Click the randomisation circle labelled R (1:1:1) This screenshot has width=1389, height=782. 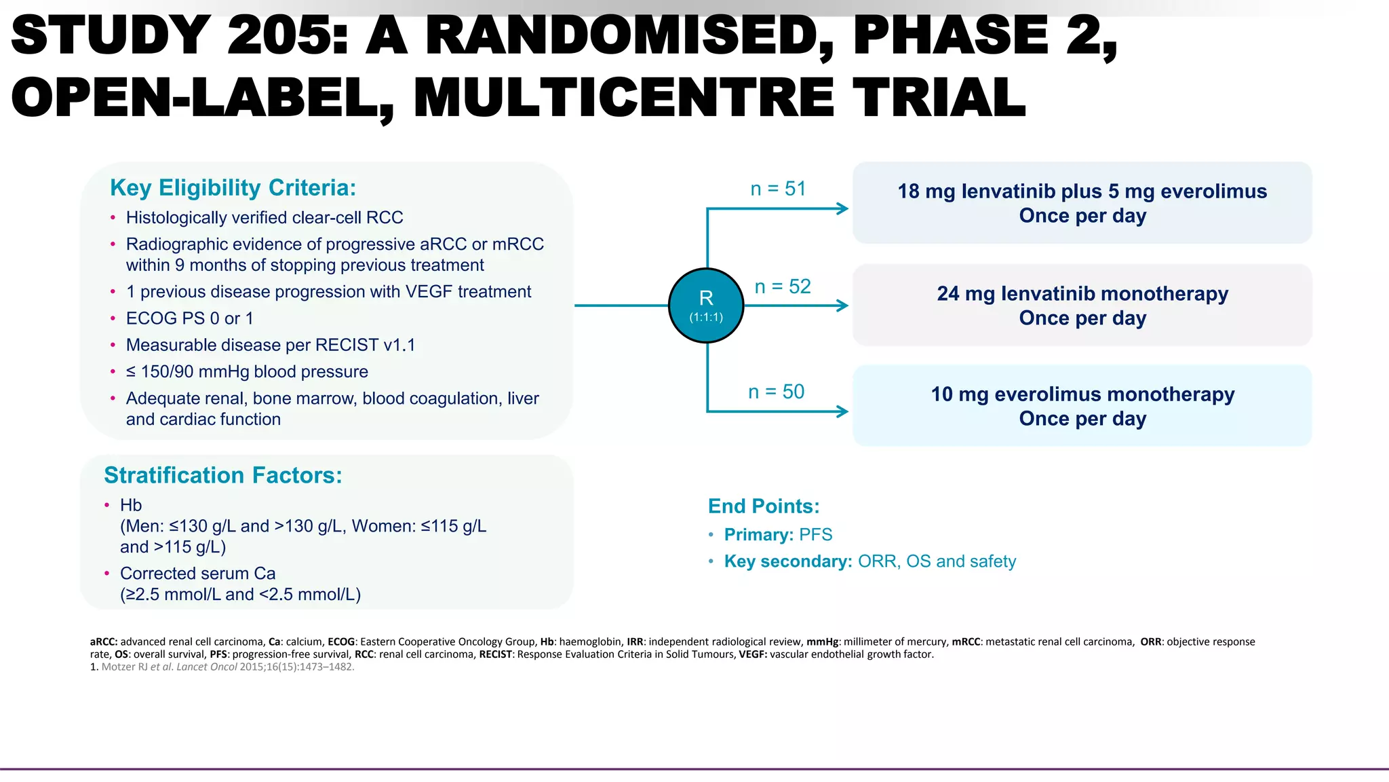click(x=706, y=305)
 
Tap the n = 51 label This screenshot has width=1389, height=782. click(x=778, y=189)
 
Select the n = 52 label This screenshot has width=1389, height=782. click(x=783, y=286)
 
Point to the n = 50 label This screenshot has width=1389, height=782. click(x=776, y=392)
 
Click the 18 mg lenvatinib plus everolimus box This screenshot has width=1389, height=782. click(x=1082, y=203)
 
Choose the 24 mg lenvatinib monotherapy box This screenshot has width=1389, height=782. click(x=1082, y=305)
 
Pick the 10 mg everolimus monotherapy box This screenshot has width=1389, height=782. click(x=1082, y=406)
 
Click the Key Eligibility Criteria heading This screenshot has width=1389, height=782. click(x=233, y=188)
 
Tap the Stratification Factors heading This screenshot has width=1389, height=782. click(x=222, y=475)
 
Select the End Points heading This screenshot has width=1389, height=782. click(x=764, y=506)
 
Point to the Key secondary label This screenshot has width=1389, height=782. click(x=787, y=561)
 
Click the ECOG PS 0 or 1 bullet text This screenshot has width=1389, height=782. click(x=189, y=318)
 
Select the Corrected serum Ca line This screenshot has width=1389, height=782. click(x=197, y=574)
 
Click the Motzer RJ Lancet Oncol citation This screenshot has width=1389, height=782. click(x=227, y=667)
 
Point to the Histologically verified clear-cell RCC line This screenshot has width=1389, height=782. click(x=265, y=218)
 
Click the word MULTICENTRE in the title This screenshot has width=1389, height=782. click(x=623, y=98)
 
